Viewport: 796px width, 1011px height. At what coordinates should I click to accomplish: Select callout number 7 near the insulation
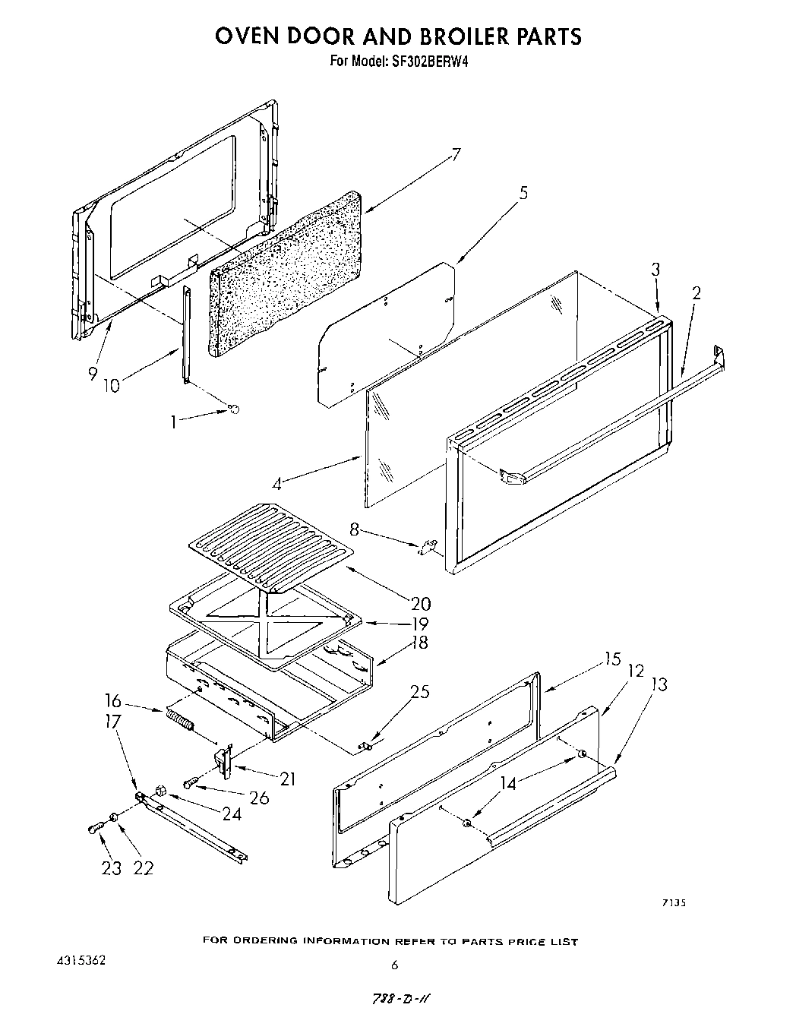[455, 155]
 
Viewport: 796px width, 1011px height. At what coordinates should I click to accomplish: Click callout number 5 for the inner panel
[523, 193]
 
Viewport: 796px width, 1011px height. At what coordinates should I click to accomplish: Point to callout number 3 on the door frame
[655, 269]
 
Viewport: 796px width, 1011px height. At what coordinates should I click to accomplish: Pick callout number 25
[419, 691]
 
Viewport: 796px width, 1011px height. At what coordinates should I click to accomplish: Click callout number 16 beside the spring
[112, 700]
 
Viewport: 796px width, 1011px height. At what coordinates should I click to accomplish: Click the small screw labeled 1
[234, 409]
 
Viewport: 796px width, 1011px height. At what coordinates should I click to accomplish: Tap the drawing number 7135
[673, 903]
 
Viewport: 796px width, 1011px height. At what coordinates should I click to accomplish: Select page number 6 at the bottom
[394, 966]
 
